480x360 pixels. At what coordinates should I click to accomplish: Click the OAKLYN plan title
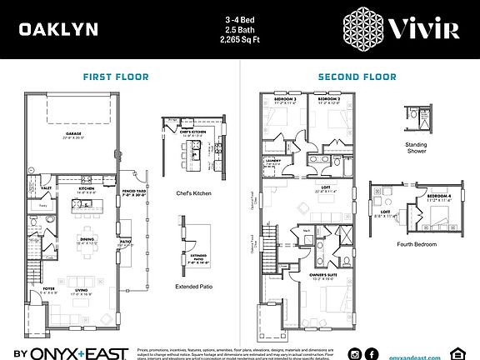coord(58,30)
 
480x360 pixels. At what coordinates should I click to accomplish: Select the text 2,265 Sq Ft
coord(240,39)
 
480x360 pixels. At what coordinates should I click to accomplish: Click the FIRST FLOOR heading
coord(116,77)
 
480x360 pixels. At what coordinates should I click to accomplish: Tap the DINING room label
coord(87,239)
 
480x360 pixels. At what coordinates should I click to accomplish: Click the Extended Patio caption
coord(192,287)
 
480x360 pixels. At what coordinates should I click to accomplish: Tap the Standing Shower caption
coord(416,147)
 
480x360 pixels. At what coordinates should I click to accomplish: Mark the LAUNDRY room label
coord(273,160)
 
